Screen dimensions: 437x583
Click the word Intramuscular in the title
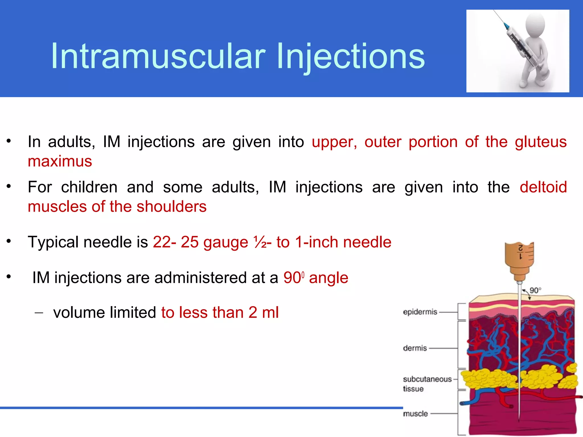pos(158,56)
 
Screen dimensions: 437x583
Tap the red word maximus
pos(60,161)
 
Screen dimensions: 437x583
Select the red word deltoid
pos(543,187)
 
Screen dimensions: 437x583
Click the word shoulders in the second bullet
pos(171,207)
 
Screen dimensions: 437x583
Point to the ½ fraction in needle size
pos(260,242)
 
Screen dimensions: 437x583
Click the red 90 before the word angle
pos(292,278)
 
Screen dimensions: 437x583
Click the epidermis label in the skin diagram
pos(420,312)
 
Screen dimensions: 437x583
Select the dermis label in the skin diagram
pos(415,348)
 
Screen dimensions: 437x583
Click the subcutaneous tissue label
pos(427,384)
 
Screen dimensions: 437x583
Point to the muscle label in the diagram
pos(415,414)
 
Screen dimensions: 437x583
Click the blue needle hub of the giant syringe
pos(506,26)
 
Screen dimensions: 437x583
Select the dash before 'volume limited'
pos(39,313)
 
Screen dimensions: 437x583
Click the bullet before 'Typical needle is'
pos(9,242)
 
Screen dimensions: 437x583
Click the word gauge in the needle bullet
pos(226,242)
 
